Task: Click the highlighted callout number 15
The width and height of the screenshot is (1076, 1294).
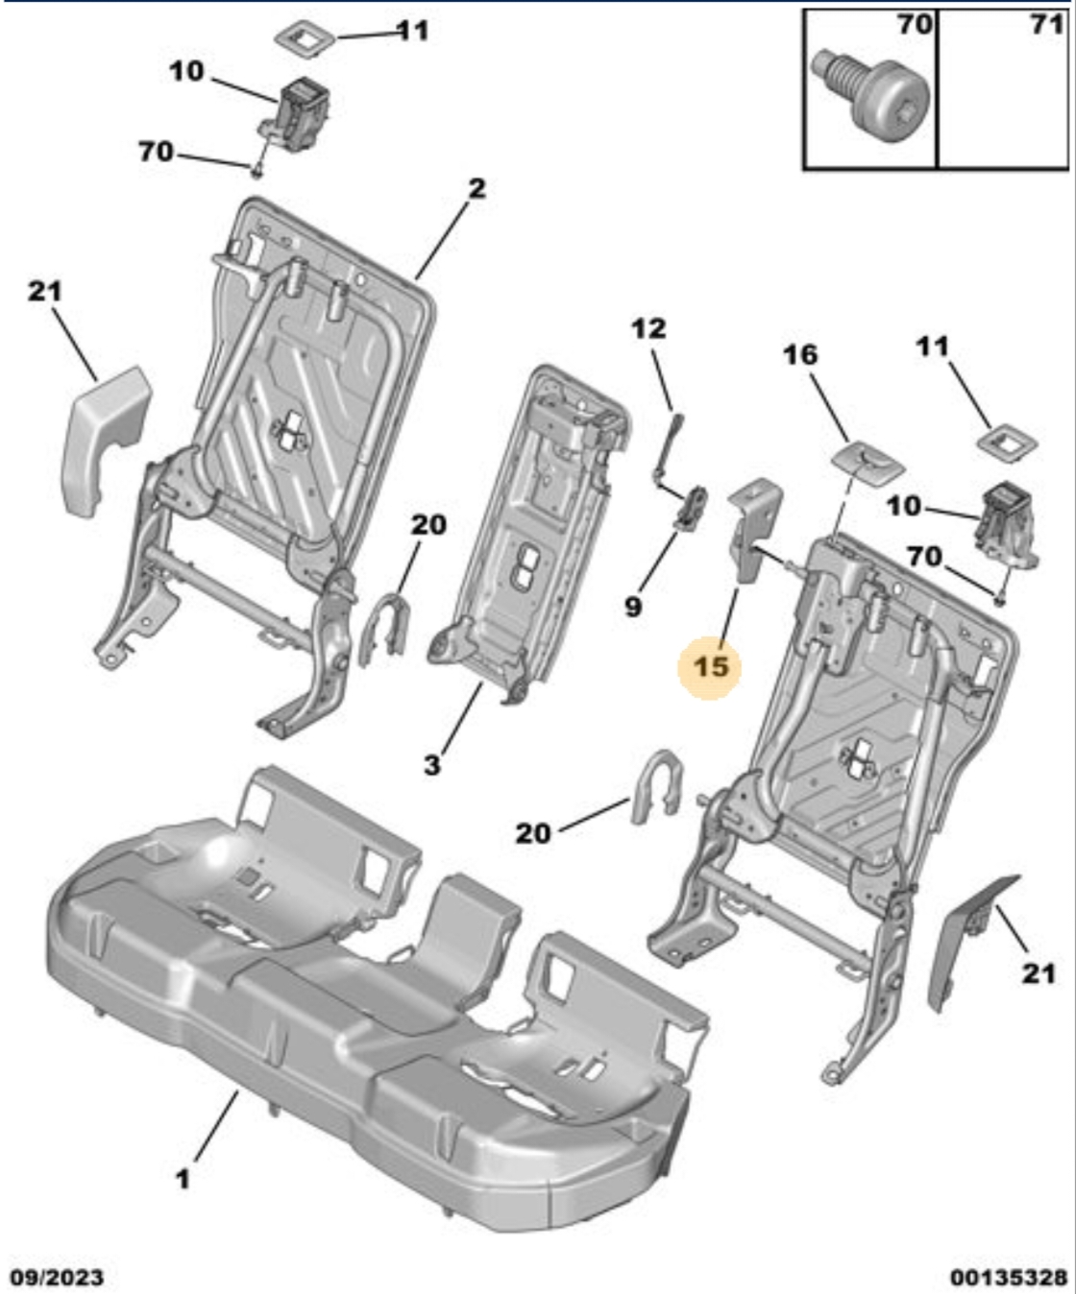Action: point(710,667)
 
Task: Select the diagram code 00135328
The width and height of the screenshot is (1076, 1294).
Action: point(1009,1277)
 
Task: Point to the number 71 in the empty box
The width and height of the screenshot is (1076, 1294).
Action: point(1047,25)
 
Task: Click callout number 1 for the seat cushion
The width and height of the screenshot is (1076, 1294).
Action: point(183,1179)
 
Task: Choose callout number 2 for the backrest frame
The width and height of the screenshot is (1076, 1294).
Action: point(477,188)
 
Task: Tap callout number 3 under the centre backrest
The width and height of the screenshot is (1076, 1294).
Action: point(432,765)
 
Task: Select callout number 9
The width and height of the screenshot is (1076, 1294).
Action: point(632,608)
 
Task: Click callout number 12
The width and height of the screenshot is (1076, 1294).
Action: point(648,328)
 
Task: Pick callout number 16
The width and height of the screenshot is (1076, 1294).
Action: point(800,356)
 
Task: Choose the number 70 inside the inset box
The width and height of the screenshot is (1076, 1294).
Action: point(915,25)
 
